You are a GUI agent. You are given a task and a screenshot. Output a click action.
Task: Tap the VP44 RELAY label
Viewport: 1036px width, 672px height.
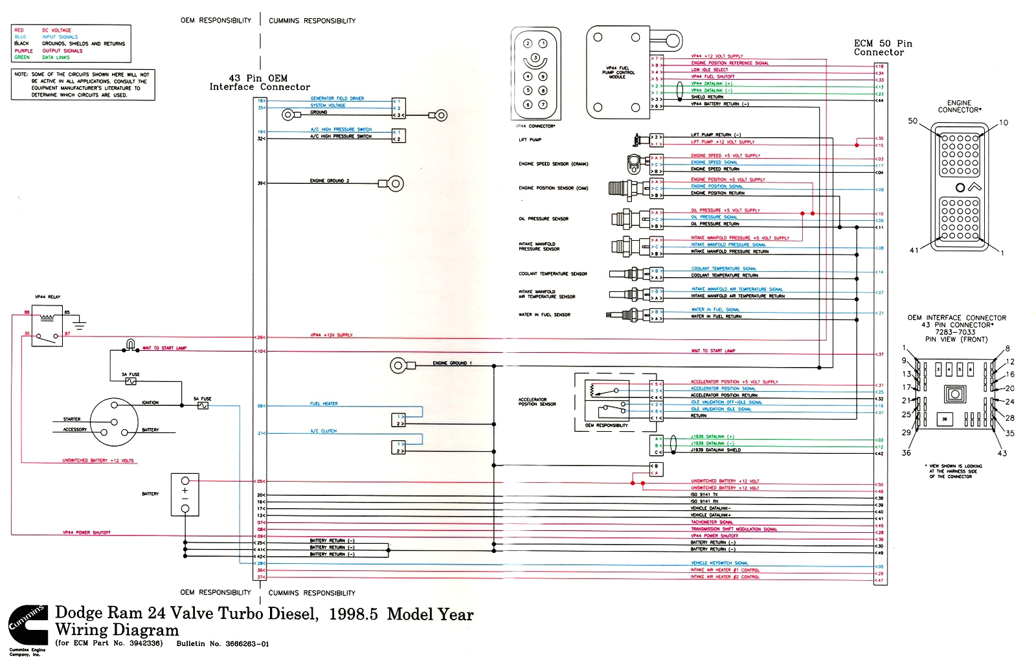(x=47, y=297)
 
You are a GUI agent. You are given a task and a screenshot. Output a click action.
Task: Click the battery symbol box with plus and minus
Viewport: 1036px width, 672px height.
(x=185, y=495)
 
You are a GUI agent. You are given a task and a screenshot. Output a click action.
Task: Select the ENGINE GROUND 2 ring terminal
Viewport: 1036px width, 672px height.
(x=396, y=183)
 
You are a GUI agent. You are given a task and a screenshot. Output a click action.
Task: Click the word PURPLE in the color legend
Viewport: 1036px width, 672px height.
(x=23, y=50)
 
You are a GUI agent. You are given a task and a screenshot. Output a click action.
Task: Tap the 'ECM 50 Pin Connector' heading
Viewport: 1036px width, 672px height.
(x=882, y=48)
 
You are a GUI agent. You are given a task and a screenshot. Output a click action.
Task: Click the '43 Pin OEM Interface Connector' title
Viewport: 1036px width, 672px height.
(x=259, y=82)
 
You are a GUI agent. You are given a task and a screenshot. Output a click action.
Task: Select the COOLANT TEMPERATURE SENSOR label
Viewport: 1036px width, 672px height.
(x=552, y=274)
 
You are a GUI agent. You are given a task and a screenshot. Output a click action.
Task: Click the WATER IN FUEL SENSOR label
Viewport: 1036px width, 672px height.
(x=544, y=315)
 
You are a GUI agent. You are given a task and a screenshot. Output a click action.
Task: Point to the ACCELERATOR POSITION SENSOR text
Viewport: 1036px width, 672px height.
(x=537, y=402)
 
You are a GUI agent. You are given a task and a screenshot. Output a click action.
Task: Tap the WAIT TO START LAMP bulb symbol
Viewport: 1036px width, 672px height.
(x=131, y=344)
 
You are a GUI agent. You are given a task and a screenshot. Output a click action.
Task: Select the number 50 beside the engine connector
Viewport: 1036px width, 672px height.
(x=912, y=121)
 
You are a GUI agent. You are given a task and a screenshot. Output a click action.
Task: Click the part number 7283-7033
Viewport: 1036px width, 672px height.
(x=954, y=332)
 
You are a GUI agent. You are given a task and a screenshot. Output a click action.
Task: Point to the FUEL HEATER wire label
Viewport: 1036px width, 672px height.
(x=324, y=403)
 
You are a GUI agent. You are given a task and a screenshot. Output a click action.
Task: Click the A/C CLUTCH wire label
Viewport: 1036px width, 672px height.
(x=323, y=431)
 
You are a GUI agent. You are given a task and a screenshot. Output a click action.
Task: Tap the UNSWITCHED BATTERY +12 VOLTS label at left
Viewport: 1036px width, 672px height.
(x=98, y=461)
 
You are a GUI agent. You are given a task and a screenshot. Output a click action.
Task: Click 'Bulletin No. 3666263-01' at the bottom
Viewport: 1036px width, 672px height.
(x=222, y=644)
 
